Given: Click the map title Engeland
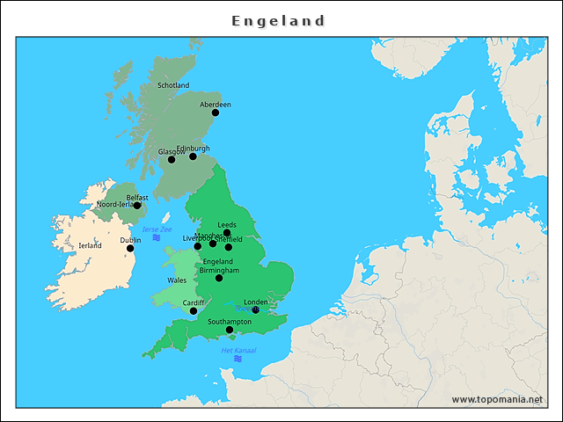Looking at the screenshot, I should tap(279, 20).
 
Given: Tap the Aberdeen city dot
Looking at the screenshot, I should tap(216, 113).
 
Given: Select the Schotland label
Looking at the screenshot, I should tap(173, 85).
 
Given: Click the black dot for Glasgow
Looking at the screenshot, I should tap(172, 159).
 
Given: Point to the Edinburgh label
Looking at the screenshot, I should tap(194, 148).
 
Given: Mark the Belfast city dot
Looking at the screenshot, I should tap(136, 206).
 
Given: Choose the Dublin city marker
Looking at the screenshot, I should tap(130, 248).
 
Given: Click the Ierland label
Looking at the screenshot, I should tap(90, 245).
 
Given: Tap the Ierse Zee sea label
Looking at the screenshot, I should tap(157, 229).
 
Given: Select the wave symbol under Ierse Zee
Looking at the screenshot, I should tap(156, 237).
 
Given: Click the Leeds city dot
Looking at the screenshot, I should tap(227, 233).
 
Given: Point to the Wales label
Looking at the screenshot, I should tap(177, 280).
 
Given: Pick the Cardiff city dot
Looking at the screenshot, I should tap(194, 310).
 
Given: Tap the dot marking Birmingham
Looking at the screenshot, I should tap(219, 278).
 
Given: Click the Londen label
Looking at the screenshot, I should tap(255, 302).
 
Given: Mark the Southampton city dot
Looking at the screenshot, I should tap(230, 330).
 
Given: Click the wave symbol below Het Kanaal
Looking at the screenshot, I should tap(238, 359).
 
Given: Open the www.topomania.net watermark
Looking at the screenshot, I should tap(497, 399).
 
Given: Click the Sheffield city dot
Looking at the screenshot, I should tap(229, 247).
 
